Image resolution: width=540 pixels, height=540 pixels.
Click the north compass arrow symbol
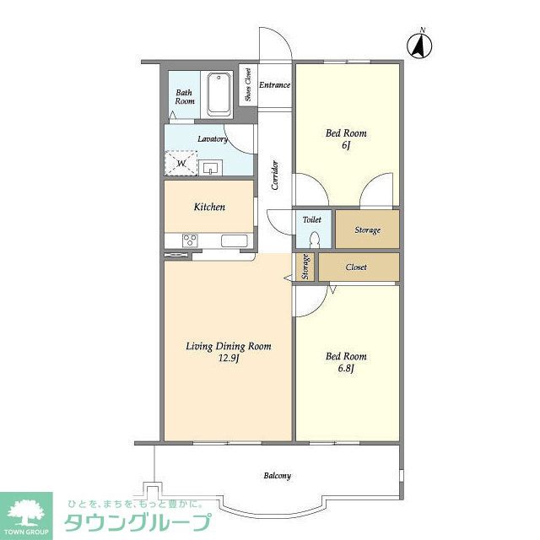419,45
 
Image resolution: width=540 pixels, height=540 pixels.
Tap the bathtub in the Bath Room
219,94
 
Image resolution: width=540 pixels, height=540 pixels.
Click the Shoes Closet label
248,84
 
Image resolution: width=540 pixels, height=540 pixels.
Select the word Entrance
274,84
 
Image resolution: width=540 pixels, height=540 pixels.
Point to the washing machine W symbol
181,163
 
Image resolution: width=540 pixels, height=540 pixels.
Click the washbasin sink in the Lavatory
210,169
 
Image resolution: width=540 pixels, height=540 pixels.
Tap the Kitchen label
209,207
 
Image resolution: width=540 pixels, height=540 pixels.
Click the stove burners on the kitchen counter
190,240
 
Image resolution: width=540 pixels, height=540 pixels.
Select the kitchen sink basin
235,240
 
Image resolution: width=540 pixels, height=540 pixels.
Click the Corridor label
275,175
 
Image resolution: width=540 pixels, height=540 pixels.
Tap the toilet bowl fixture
314,240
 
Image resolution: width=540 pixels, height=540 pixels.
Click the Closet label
356,267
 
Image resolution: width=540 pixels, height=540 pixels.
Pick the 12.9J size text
229,359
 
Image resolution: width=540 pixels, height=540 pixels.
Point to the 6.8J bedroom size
346,369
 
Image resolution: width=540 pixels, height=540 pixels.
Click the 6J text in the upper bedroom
346,145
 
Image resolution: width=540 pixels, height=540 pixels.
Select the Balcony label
278,476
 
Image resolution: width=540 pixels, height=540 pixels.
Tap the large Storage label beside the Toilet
368,229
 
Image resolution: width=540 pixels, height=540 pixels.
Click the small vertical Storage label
305,267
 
